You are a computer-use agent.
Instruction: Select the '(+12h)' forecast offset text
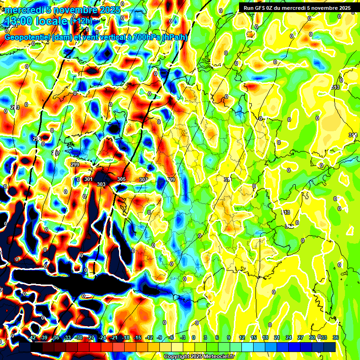pyautogui.click(x=81, y=21)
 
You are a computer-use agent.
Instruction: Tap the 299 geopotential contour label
pyautogui.click(x=75, y=165)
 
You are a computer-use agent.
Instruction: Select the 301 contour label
pyautogui.click(x=89, y=180)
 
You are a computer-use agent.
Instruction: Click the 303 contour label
pyautogui.click(x=101, y=184)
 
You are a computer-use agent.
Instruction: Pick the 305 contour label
pyautogui.click(x=121, y=180)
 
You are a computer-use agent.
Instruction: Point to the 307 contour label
pyautogui.click(x=143, y=180)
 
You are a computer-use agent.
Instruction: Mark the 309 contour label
pyautogui.click(x=171, y=180)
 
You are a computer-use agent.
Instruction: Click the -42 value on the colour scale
pyautogui.click(x=32, y=337)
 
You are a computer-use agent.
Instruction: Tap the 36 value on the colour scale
pyautogui.click(x=336, y=337)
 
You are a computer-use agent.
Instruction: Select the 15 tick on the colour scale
pyautogui.click(x=254, y=337)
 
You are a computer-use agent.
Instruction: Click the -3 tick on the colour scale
pyautogui.click(x=182, y=337)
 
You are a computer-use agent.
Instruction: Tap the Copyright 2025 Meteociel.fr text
pyautogui.click(x=199, y=356)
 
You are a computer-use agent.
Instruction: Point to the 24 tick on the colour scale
pyautogui.click(x=289, y=337)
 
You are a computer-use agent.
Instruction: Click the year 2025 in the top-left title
pyautogui.click(x=109, y=10)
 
